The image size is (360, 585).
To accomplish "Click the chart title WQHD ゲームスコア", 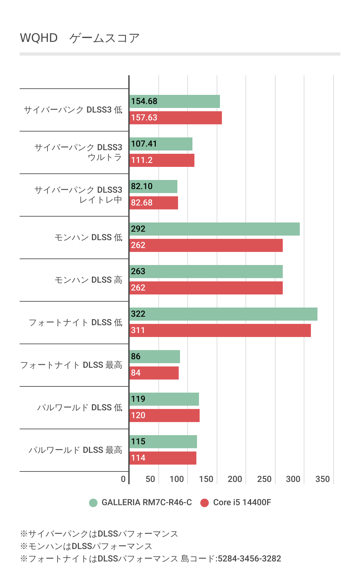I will (x=80, y=38).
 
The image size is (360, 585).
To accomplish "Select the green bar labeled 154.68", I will (x=175, y=101).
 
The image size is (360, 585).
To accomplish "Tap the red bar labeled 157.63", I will (x=176, y=118).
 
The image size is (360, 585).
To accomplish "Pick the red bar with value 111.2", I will (x=162, y=160).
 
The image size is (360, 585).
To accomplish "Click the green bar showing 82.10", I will (x=153, y=186).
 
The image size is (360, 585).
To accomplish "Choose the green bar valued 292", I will (x=215, y=229).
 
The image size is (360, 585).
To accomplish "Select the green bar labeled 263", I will (x=206, y=272).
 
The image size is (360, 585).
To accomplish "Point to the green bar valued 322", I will (x=224, y=314).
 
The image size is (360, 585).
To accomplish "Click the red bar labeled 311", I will (x=220, y=330).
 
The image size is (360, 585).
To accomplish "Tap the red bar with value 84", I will (x=154, y=373).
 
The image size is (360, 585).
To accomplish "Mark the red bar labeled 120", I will (x=165, y=416).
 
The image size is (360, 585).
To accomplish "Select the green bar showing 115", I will (x=163, y=442).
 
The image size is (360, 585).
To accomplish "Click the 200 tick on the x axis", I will (x=235, y=479).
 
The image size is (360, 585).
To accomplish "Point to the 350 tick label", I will (x=322, y=479).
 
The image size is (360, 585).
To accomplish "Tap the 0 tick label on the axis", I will (x=123, y=479).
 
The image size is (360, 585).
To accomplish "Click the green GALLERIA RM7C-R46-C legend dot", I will (x=93, y=503).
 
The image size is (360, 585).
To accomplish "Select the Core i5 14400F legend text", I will (x=242, y=502).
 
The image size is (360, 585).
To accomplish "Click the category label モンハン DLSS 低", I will (x=88, y=237).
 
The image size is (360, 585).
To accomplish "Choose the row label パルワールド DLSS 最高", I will (x=75, y=450).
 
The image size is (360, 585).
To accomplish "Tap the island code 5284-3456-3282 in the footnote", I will (x=249, y=558).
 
